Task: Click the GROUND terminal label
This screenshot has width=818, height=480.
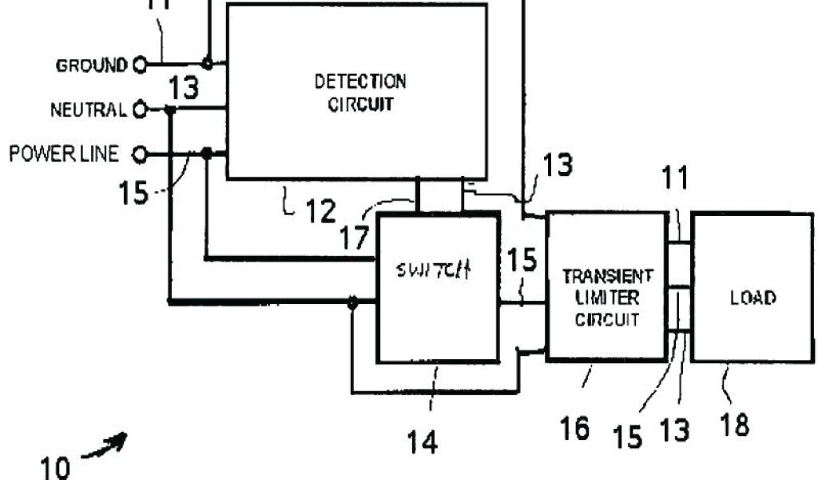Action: coord(91,65)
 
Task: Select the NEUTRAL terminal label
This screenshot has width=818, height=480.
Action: coord(89,110)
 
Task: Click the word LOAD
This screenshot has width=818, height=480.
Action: coord(752,298)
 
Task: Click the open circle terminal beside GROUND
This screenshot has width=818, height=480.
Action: coord(140,64)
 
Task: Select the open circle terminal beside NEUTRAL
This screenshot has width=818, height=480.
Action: coord(140,110)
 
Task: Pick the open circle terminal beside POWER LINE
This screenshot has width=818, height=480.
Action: coord(140,153)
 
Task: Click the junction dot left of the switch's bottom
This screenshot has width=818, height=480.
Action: coord(351,302)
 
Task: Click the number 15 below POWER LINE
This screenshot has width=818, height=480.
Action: coord(133,193)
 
